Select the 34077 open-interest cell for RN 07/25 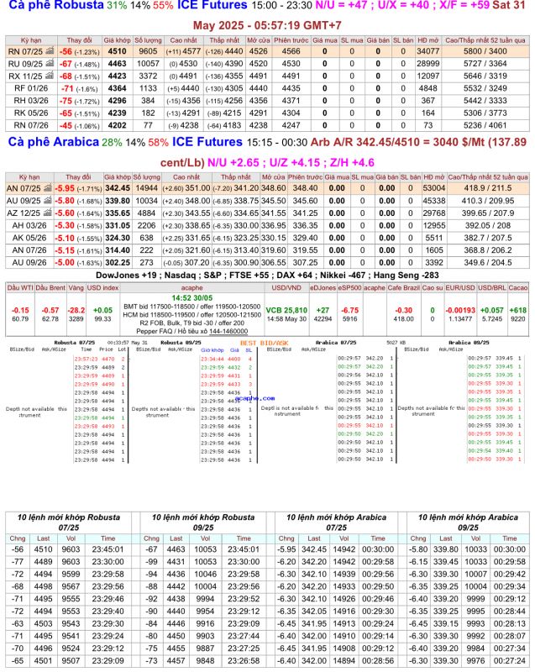[427, 50]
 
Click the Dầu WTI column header [19, 287]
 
